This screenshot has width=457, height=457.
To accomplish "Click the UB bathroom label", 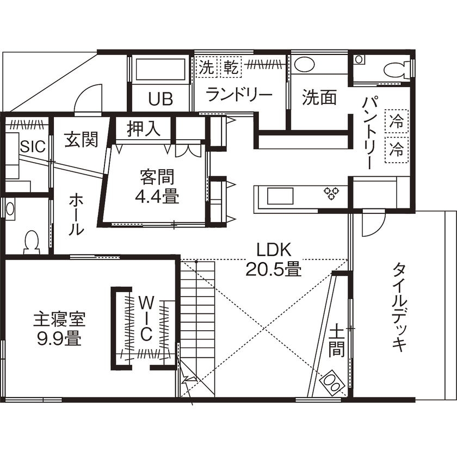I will pyautogui.click(x=160, y=99).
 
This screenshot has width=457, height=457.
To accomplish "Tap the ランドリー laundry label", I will pyautogui.click(x=239, y=95).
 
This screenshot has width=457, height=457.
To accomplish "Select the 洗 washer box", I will pyautogui.click(x=206, y=67).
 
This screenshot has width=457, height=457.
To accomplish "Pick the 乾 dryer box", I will pyautogui.click(x=229, y=67).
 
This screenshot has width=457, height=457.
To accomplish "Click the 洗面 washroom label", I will pyautogui.click(x=319, y=98).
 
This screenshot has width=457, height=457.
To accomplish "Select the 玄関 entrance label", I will pyautogui.click(x=82, y=139).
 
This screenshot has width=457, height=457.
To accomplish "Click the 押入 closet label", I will pyautogui.click(x=144, y=129).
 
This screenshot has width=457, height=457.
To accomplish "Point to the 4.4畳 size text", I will pyautogui.click(x=157, y=195).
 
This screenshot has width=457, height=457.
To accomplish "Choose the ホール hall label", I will pyautogui.click(x=76, y=215).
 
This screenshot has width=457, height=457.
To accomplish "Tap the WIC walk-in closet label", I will pyautogui.click(x=145, y=318).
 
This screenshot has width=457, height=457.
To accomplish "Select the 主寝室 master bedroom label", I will pyautogui.click(x=59, y=317).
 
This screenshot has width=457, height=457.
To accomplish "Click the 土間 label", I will pyautogui.click(x=337, y=340).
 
